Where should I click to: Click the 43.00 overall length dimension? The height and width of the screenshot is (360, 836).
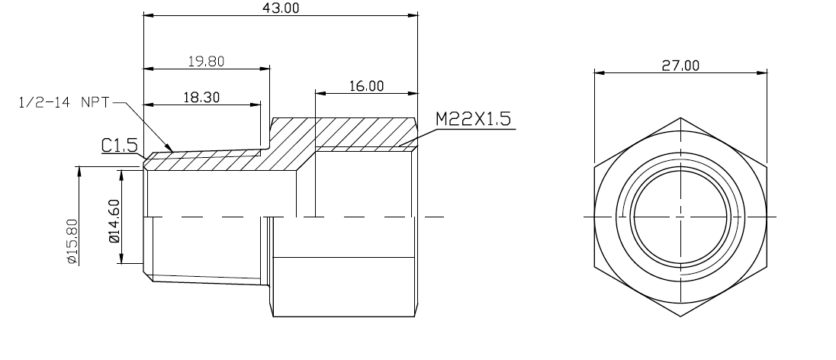(x=281, y=8)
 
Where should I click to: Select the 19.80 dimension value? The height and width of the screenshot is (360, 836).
(x=205, y=62)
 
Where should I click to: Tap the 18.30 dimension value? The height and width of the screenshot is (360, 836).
(x=200, y=97)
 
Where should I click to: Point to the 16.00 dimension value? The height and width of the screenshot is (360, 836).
(x=366, y=86)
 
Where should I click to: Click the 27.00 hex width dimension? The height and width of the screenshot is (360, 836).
(x=680, y=66)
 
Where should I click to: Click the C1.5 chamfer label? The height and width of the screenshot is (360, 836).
(x=119, y=146)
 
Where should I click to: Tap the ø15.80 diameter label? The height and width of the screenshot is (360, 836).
(x=72, y=240)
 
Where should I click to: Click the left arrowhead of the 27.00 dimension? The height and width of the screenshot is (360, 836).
(x=599, y=73)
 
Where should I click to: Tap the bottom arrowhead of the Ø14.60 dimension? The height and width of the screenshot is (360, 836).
(x=121, y=261)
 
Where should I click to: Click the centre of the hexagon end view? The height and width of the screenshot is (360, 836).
(x=680, y=217)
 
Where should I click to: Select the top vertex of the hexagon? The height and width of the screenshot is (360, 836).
(x=680, y=117)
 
